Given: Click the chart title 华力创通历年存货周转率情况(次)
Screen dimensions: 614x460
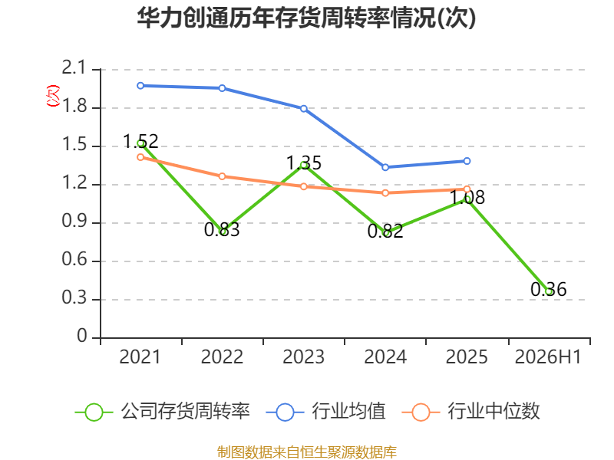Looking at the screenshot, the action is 306,18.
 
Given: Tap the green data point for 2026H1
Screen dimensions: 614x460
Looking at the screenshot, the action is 549,292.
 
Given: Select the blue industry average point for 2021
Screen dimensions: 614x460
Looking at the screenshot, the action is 140,86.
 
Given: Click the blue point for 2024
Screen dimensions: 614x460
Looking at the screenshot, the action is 385,167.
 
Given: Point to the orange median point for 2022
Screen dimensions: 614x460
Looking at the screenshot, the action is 222,176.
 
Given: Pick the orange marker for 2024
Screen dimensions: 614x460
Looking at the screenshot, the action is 385,193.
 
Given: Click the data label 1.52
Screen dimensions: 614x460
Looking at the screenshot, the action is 140,141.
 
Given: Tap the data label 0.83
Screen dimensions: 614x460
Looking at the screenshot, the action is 222,229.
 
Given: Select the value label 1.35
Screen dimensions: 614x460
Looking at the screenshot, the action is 304,163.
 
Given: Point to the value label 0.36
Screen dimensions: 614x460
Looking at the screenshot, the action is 549,290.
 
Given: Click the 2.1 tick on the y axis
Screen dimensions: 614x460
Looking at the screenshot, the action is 74,67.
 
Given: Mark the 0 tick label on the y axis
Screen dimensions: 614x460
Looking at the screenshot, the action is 82,336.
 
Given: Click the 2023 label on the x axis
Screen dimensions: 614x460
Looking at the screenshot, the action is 303,356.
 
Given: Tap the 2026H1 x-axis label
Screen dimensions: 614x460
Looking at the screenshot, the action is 548,356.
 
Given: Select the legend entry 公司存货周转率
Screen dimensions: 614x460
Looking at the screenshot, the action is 163,412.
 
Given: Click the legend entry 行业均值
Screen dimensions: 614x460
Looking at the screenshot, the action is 325,412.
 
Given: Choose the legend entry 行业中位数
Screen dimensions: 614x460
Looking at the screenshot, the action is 471,412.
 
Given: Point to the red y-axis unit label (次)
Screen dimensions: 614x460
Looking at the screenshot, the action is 53,96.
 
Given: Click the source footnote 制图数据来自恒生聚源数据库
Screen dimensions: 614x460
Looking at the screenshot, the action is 307,452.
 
